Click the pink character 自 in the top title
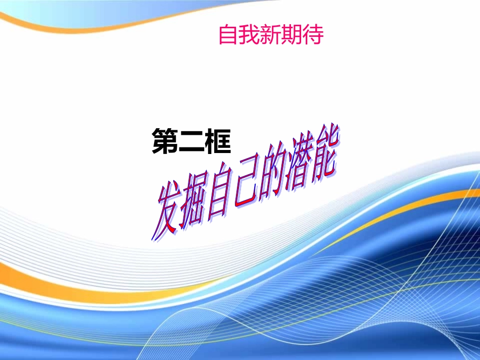228,35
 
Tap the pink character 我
249,35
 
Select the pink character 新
270,35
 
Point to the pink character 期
291,35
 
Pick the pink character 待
312,35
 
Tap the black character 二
191,142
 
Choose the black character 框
218,142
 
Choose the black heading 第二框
191,142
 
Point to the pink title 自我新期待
270,35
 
